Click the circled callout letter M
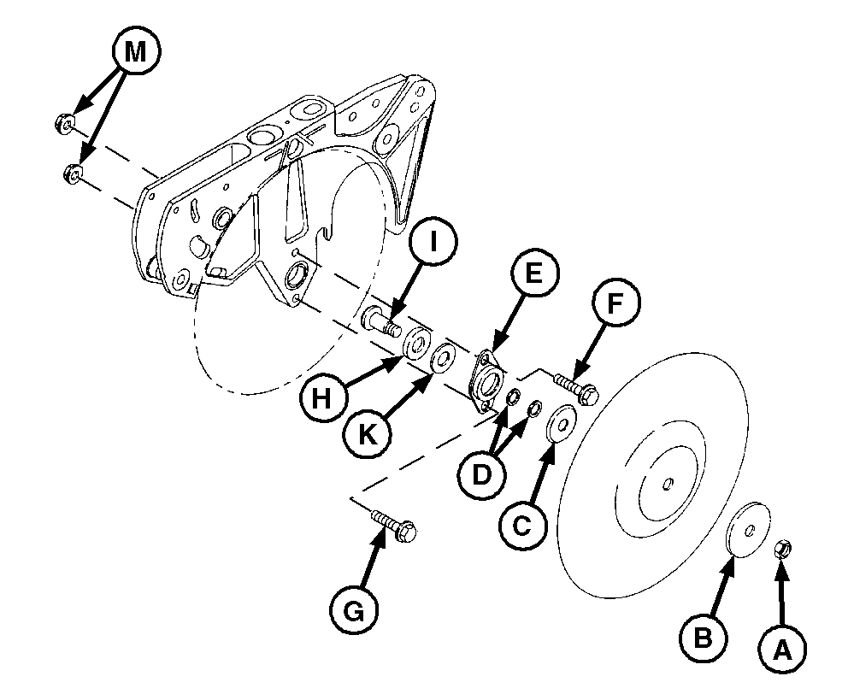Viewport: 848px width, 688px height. pyautogui.click(x=136, y=52)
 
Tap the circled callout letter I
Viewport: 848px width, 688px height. pyautogui.click(x=433, y=243)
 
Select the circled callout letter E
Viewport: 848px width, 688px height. pyautogui.click(x=533, y=273)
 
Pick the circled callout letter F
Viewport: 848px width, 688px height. pyautogui.click(x=615, y=303)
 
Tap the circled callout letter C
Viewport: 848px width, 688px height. pyautogui.click(x=522, y=526)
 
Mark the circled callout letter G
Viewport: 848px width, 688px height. pyautogui.click(x=354, y=612)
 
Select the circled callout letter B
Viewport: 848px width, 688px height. pyautogui.click(x=703, y=639)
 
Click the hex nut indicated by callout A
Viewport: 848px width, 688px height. pyautogui.click(x=782, y=550)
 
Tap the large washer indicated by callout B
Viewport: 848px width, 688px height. pyautogui.click(x=747, y=530)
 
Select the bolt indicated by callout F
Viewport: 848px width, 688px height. pyautogui.click(x=575, y=388)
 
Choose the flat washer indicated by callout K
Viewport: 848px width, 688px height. pyautogui.click(x=443, y=357)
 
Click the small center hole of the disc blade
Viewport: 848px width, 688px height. pyautogui.click(x=668, y=483)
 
